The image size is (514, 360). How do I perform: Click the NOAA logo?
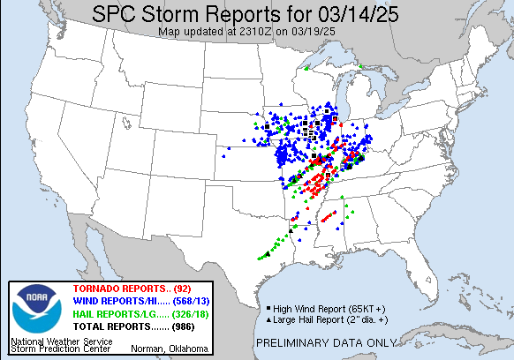[x=34, y=308]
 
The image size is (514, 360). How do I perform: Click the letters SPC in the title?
[x=122, y=14]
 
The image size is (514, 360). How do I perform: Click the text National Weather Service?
[x=61, y=340]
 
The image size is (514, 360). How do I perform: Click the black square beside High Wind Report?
[x=268, y=307]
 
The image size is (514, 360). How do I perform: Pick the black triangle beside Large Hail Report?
[x=268, y=319]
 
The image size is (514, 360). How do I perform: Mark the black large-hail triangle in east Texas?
[x=267, y=254]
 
